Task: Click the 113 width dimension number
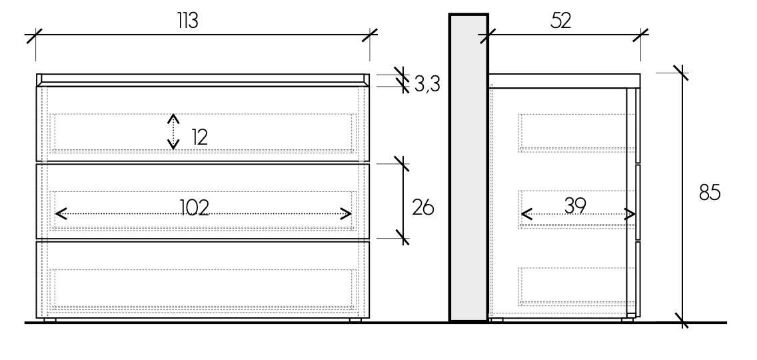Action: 188,21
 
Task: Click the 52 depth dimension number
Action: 561,21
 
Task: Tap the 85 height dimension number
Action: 710,192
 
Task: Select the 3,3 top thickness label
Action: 427,85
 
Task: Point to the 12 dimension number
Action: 199,137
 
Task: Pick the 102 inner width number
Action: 195,208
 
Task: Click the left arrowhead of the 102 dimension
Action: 61,214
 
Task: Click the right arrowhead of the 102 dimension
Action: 346,214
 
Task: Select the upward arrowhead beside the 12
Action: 173,119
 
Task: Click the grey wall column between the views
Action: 469,167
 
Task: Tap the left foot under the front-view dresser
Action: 49,320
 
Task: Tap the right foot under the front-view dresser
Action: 355,320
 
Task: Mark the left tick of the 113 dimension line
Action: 35,35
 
